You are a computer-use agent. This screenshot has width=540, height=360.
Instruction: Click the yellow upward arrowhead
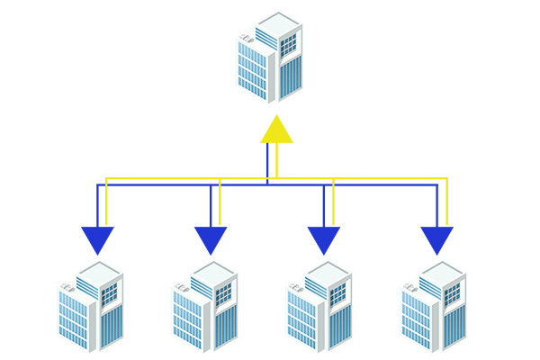[276, 130]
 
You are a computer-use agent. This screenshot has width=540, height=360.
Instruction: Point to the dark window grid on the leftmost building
[109, 293]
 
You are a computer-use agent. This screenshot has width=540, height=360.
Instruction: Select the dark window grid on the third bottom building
[337, 293]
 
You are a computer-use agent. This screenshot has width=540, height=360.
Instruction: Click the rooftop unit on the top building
[246, 38]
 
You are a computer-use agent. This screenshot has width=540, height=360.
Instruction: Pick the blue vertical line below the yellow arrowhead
[267, 164]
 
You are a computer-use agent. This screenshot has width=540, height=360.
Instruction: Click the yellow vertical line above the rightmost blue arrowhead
[446, 202]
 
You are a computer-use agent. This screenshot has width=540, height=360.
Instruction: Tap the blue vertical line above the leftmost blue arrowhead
[97, 207]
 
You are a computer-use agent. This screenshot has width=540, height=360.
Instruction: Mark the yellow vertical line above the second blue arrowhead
[220, 202]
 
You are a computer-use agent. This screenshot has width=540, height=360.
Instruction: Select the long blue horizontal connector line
[162, 185]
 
